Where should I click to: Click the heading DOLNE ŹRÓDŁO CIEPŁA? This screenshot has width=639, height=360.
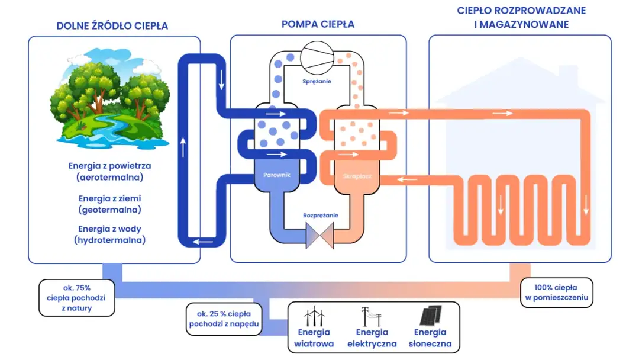coord(112,26)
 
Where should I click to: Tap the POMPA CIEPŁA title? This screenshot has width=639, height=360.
coord(318,24)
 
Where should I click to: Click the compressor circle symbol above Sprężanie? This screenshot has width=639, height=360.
coord(318,57)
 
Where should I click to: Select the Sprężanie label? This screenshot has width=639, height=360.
coord(318,81)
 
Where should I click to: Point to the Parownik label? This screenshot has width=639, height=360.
coord(277,176)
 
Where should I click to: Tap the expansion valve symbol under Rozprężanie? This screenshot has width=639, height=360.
coord(318,236)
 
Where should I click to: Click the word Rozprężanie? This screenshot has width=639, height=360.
coord(320,216)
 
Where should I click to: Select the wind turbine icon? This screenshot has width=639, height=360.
coord(314,316)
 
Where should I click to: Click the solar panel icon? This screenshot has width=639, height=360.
coord(430,316)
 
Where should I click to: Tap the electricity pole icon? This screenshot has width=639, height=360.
coord(371,316)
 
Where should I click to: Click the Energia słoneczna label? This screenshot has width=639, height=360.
coord(430,338)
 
